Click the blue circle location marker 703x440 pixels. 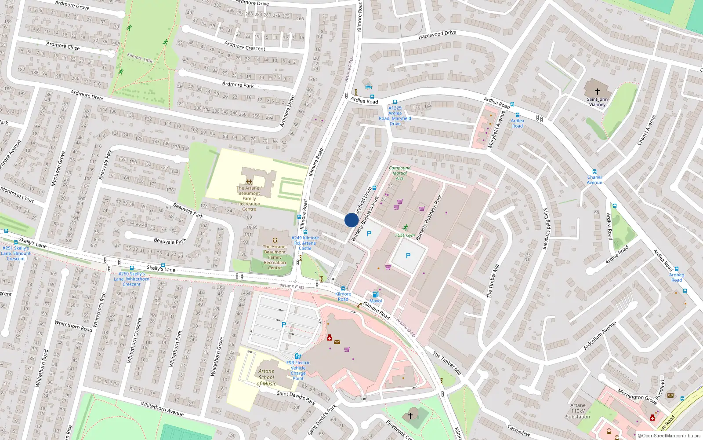[351, 220]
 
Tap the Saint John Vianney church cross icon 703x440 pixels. [597, 92]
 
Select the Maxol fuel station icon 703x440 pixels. [375, 294]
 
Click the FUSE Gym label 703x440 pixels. [405, 235]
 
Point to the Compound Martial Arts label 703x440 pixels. [399, 173]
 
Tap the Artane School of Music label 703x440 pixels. [266, 378]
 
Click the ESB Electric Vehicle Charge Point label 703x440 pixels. [298, 370]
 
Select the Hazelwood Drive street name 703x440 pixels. [437, 34]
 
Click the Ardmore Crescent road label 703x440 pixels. [245, 46]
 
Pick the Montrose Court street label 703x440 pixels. [17, 194]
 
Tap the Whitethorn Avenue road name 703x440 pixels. [162, 409]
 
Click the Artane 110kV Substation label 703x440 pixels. [578, 411]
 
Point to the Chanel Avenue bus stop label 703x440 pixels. [594, 180]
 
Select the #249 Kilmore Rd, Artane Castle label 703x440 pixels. [305, 243]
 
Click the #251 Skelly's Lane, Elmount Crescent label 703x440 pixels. [16, 253]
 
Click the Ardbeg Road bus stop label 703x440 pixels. [677, 277]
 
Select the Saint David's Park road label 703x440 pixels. [296, 397]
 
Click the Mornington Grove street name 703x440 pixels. [637, 396]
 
